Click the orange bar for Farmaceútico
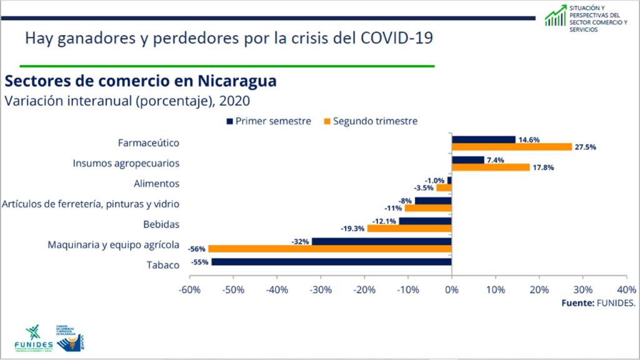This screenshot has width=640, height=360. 512,147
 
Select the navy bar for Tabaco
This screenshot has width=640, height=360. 331,262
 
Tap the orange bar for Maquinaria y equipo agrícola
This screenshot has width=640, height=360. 329,248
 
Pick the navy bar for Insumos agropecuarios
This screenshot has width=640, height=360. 468,160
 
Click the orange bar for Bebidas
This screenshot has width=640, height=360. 409,228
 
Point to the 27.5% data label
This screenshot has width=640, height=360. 585,147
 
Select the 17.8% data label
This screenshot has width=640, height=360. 542,167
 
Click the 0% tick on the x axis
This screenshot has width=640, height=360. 451,290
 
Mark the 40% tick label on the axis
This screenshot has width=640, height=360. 626,290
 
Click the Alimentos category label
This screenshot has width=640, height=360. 156,184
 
